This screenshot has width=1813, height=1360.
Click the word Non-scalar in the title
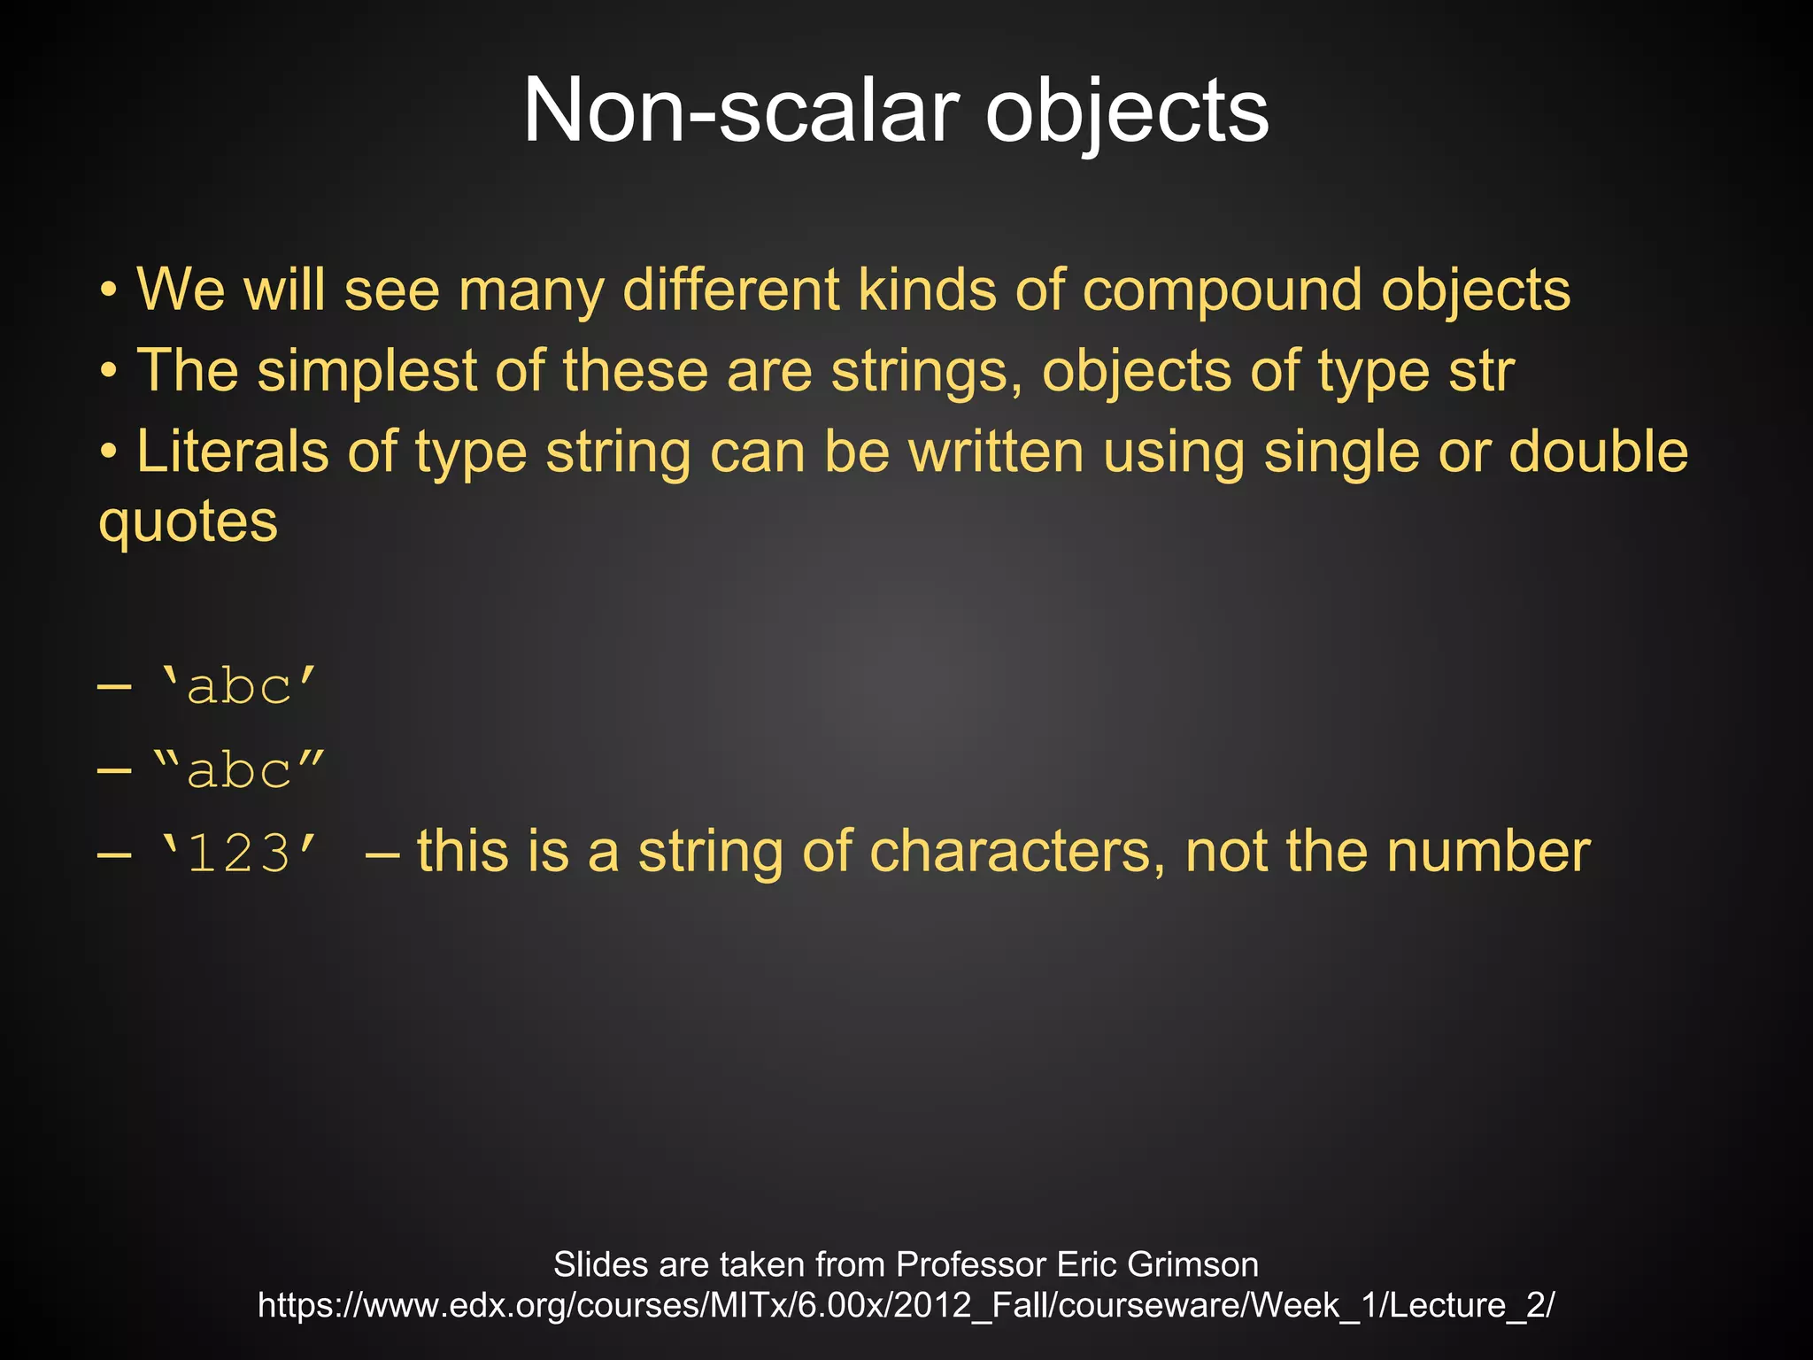[740, 112]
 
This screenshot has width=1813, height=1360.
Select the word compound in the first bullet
[1223, 290]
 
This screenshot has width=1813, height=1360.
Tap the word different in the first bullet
[731, 290]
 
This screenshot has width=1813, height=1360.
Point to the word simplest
[366, 370]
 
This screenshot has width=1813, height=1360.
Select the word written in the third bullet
[997, 452]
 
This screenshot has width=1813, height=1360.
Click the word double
[1598, 452]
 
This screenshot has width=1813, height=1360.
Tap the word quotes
[188, 522]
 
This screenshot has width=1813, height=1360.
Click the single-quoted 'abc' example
[236, 685]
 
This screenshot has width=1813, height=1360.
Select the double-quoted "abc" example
[238, 769]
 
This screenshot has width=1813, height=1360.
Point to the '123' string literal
[236, 853]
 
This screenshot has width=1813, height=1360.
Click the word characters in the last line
[1017, 851]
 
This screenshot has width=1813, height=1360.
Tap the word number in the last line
[1488, 851]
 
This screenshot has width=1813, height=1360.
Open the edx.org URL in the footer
[906, 1305]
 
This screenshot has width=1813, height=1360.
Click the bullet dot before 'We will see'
[108, 291]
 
